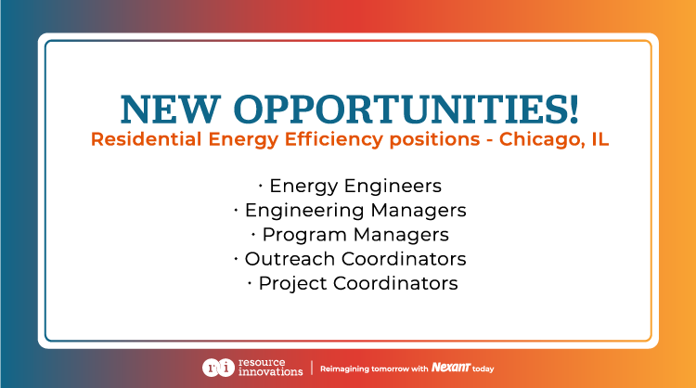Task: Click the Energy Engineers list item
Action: point(354,186)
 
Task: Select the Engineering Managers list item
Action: point(354,210)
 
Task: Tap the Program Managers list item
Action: point(354,234)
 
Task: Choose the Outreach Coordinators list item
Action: point(354,258)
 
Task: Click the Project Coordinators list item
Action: point(357,282)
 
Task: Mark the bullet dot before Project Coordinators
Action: point(250,281)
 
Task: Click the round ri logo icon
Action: point(213,368)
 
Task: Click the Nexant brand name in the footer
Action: point(452,368)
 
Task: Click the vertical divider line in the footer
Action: point(311,368)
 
